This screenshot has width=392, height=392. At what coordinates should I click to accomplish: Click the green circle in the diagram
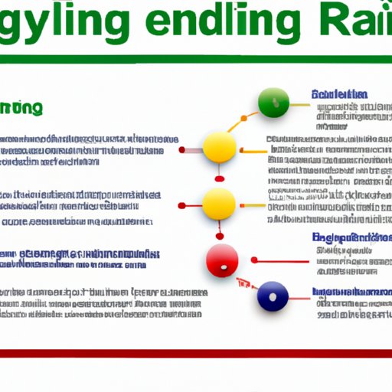pyautogui.click(x=273, y=103)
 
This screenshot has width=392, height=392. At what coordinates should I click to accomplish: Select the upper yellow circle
pyautogui.click(x=220, y=146)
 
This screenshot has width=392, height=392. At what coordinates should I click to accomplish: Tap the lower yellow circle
pyautogui.click(x=220, y=204)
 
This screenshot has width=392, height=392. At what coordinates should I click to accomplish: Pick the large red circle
pyautogui.click(x=221, y=260)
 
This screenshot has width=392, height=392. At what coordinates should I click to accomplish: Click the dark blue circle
pyautogui.click(x=273, y=296)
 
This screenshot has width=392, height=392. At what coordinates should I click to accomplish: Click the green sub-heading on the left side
pyautogui.click(x=23, y=108)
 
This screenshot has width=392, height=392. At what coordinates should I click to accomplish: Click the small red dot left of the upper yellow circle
pyautogui.click(x=182, y=150)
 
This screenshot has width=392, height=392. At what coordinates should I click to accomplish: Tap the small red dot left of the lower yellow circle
pyautogui.click(x=182, y=205)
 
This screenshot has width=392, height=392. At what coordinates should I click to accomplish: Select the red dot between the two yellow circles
pyautogui.click(x=220, y=178)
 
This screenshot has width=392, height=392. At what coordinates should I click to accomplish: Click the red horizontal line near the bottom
pyautogui.click(x=196, y=353)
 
